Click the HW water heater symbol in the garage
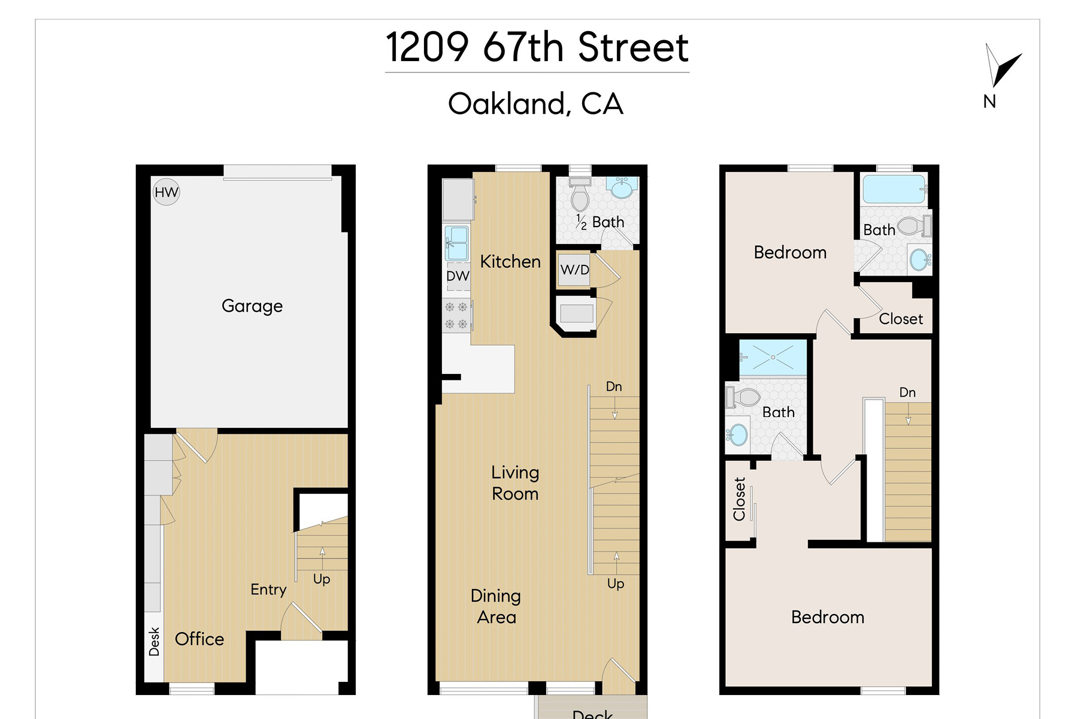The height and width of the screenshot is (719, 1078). click(166, 192)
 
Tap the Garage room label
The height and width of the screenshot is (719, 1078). click(252, 306)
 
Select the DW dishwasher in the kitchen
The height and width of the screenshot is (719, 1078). click(458, 276)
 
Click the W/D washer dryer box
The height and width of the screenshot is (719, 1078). click(575, 270)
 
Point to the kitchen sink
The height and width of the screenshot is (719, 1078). click(457, 241)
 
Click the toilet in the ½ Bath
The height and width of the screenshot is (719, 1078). click(579, 194)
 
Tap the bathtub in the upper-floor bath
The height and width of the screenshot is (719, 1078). click(894, 189)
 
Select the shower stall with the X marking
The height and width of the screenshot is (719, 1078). click(773, 358)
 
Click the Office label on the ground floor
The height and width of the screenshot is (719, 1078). click(199, 639)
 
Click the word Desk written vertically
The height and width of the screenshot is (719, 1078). click(154, 642)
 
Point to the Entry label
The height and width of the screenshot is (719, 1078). click(268, 590)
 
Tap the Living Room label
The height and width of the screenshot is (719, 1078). click(515, 483)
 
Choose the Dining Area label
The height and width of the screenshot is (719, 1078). click(496, 606)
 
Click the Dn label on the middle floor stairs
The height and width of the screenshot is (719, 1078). click(614, 386)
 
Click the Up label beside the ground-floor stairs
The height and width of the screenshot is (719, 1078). click(322, 579)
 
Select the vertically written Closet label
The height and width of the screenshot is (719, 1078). click(739, 499)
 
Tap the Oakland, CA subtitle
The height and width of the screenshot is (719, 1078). click(536, 104)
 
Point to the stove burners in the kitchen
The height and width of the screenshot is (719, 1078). click(456, 316)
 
